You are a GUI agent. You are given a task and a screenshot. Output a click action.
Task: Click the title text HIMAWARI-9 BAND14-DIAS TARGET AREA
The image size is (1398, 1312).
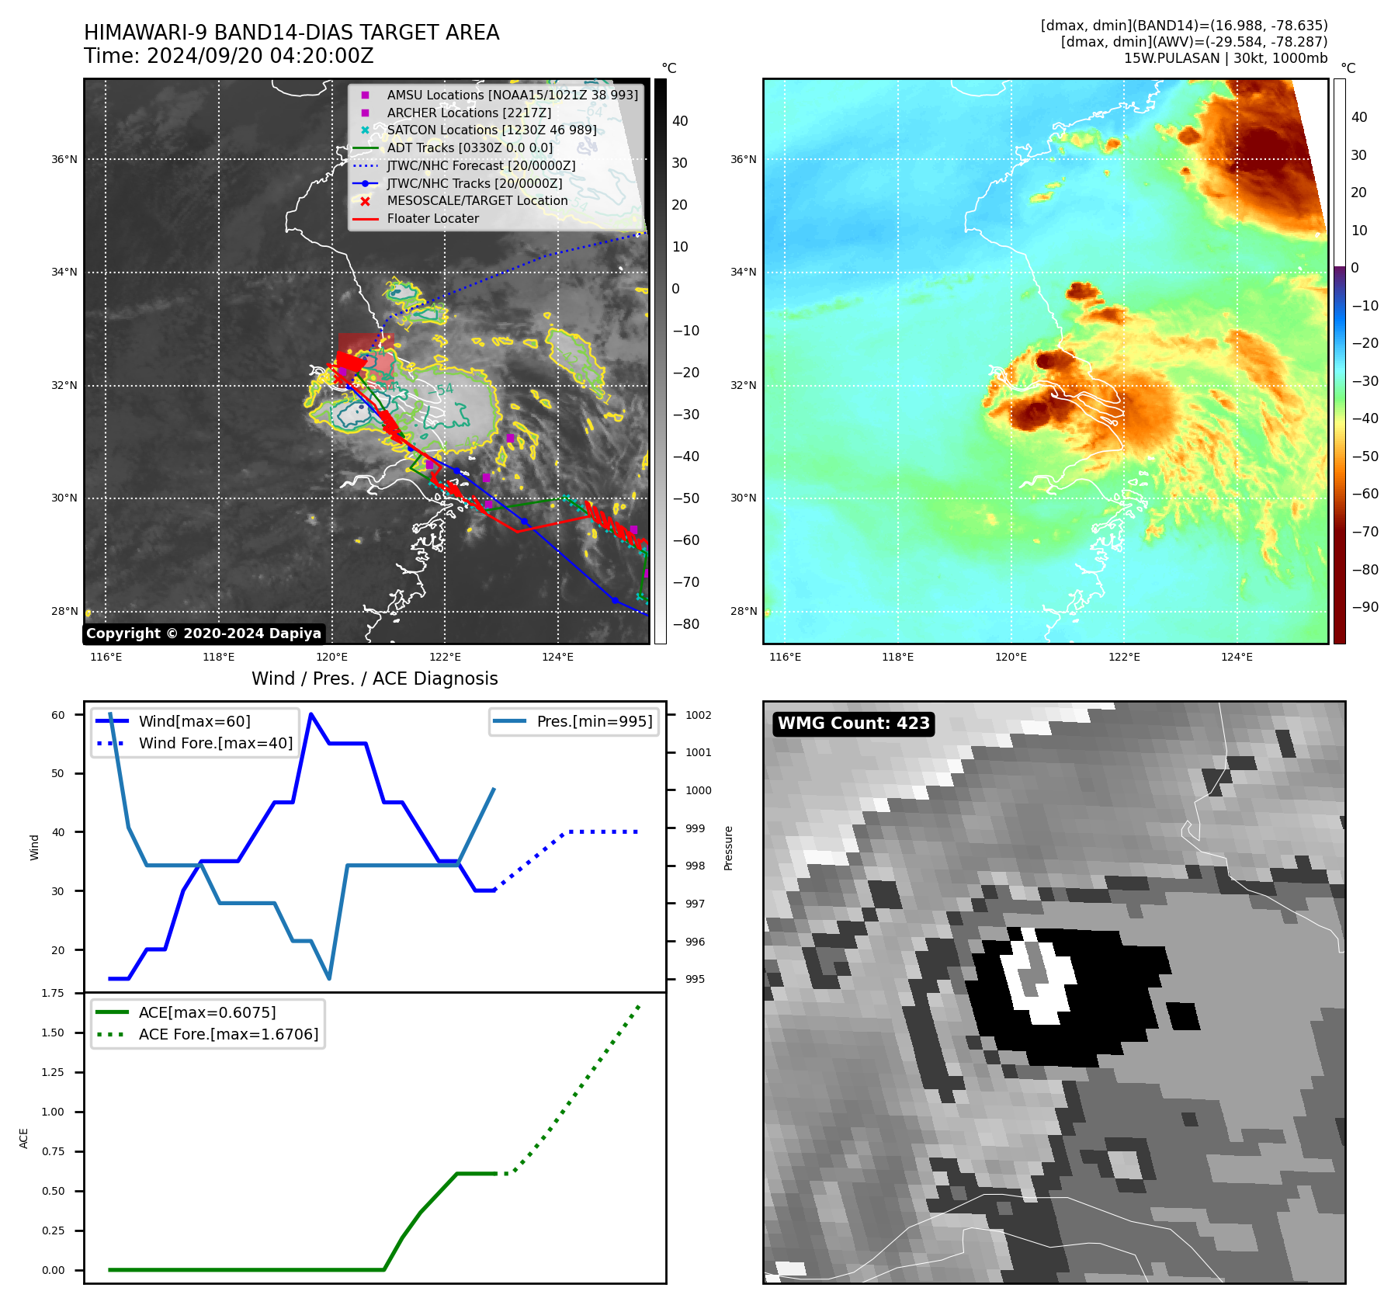click(291, 33)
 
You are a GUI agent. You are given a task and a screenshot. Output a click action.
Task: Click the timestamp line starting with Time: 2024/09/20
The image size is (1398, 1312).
click(228, 56)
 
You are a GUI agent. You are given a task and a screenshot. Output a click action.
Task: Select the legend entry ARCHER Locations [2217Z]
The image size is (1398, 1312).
click(469, 113)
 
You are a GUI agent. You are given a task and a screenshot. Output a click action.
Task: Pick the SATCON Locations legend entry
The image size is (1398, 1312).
click(491, 130)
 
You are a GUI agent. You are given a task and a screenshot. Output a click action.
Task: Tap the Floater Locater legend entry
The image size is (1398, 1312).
click(432, 219)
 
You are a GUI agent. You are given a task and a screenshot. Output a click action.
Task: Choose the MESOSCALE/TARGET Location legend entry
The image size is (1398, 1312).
click(477, 201)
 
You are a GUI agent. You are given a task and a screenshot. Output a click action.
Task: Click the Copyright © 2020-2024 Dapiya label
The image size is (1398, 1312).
click(203, 633)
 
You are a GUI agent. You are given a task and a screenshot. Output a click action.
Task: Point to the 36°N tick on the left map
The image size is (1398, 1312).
click(64, 160)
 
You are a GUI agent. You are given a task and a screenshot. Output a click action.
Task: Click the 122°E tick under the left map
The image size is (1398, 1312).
click(445, 658)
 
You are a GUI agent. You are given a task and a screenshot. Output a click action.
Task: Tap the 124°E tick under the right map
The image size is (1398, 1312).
click(1237, 658)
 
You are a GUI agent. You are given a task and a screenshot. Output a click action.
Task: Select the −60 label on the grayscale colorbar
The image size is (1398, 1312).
click(685, 540)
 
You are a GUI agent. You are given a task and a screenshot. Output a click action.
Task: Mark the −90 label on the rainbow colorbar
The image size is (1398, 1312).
click(1365, 607)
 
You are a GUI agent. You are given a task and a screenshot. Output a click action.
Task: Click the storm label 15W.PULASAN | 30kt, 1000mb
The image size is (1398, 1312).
click(1225, 58)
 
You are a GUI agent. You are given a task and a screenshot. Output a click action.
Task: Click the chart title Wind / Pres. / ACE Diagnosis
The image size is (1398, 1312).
click(374, 679)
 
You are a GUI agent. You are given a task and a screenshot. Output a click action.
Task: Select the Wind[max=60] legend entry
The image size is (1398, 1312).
click(194, 721)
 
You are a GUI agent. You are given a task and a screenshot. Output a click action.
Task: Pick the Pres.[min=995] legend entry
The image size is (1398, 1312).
click(594, 721)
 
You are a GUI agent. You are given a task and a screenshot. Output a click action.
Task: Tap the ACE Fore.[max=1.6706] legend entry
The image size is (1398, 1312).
click(228, 1035)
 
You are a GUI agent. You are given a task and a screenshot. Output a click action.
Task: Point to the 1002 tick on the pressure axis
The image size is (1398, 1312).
click(698, 715)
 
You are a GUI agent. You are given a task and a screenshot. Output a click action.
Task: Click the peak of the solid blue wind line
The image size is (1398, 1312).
click(311, 714)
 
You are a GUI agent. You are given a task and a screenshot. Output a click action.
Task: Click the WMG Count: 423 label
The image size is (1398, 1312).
click(853, 724)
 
